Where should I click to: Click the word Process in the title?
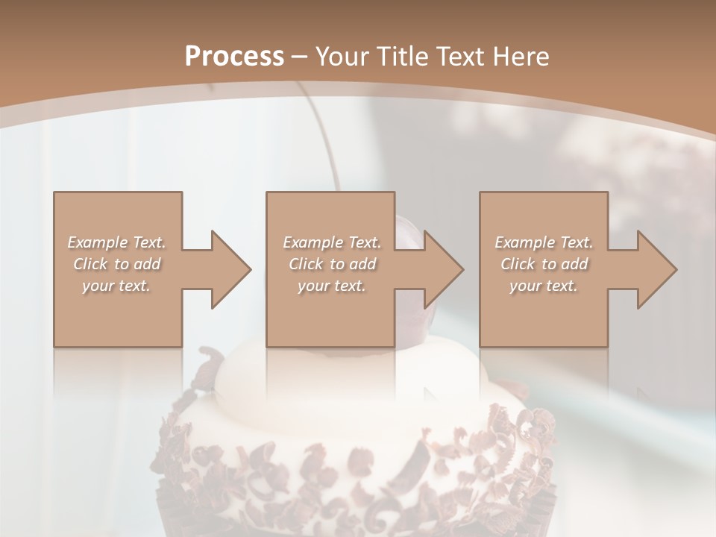coord(234,56)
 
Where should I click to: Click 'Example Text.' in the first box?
coord(116,242)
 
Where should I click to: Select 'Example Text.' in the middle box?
coord(331,242)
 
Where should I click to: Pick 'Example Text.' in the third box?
coord(544,242)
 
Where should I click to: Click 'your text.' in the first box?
coord(116,286)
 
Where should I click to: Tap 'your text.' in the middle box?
coord(331,286)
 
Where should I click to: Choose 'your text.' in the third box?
coord(544,286)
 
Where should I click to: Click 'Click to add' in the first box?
coord(116,264)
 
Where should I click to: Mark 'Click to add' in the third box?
coord(544,264)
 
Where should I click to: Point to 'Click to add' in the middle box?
coord(331,264)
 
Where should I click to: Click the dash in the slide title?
coord(299,57)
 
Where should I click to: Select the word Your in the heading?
coord(336,56)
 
